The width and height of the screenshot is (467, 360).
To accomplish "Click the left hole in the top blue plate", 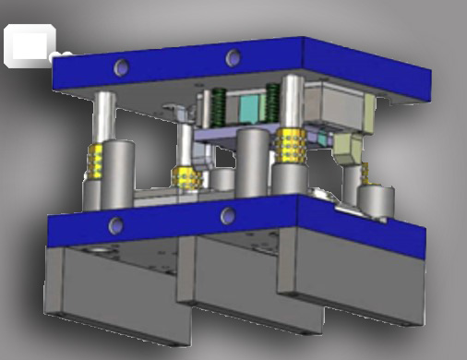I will (x=119, y=66).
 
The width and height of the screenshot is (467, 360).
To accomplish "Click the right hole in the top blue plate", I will (x=232, y=59).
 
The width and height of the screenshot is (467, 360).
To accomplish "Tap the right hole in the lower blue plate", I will (x=227, y=216).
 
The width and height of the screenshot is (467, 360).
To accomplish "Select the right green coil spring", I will (x=273, y=101).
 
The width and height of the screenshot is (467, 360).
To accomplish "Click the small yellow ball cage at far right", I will (x=366, y=171).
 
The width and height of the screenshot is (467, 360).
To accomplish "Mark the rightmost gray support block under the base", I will (x=378, y=286).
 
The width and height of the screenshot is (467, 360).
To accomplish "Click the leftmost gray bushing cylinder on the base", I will (x=111, y=175).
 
